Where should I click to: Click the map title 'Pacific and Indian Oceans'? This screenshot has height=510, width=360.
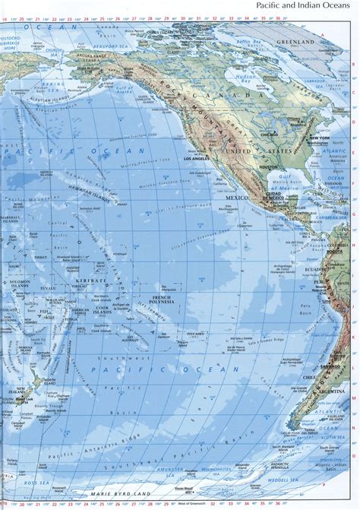point(303,6)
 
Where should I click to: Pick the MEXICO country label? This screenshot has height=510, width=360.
point(236,196)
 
